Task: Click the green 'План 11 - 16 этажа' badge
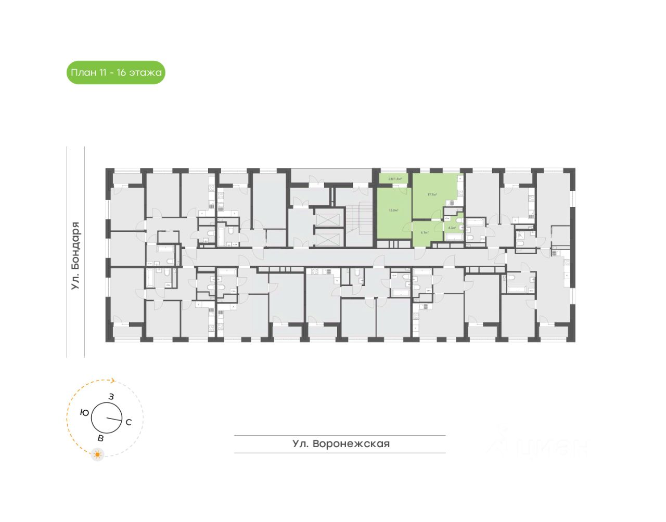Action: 116,73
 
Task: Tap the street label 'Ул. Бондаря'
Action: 76,255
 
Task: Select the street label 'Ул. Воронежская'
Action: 341,444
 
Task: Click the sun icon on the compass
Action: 97,455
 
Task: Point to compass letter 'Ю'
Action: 84,412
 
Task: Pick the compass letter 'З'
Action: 111,397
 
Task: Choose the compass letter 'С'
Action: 129,422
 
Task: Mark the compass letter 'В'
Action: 100,438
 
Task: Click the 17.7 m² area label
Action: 432,195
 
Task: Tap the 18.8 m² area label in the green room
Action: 393,211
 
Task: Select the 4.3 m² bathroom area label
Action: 452,228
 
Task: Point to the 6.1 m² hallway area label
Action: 425,232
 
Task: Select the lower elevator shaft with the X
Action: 329,240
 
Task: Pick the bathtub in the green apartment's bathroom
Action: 453,238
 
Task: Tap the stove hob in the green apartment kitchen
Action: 460,193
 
